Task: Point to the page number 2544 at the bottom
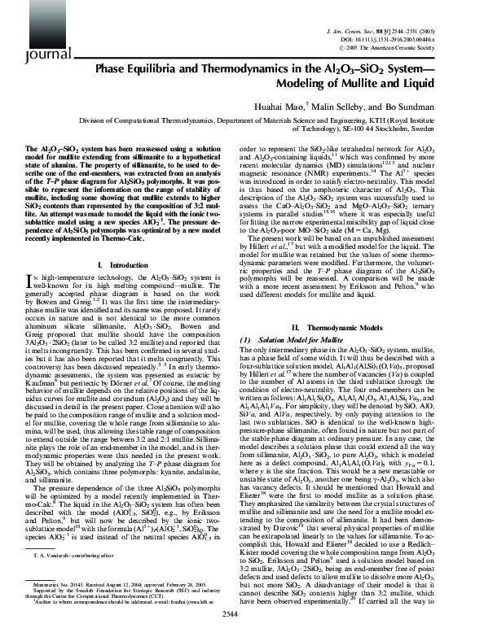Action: tap(241, 626)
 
